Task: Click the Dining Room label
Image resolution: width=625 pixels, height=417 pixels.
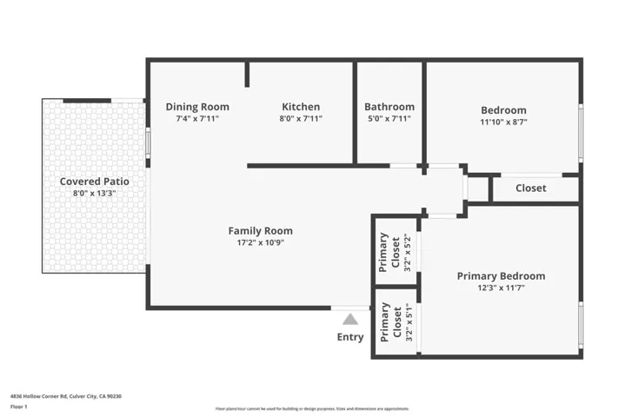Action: point(197,107)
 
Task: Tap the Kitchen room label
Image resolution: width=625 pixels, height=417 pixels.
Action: point(300,107)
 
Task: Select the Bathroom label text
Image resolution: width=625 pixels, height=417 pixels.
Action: point(389,107)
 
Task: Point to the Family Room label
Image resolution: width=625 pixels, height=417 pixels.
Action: point(260,230)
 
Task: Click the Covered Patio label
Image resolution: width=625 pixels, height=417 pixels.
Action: point(94,182)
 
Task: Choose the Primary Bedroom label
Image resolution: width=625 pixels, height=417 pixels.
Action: point(501,276)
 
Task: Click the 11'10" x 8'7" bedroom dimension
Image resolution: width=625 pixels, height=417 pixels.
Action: point(503,122)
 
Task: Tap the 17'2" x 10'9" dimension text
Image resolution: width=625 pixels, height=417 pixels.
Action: point(260,243)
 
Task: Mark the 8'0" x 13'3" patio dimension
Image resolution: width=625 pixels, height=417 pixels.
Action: point(94,194)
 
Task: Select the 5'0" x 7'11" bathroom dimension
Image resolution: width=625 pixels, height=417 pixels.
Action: point(389,119)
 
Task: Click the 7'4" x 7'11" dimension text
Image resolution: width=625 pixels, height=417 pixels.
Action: point(197,119)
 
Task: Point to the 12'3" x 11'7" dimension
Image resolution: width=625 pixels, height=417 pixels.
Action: point(501,288)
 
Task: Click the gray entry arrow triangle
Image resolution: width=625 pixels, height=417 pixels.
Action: point(350,319)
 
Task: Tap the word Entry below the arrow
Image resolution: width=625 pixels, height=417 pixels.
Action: point(350,337)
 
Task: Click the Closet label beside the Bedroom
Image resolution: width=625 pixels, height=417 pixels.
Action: point(530,188)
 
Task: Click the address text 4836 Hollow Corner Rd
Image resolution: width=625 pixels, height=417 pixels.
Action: point(65,396)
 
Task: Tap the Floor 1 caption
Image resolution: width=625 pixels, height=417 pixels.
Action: point(18,407)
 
